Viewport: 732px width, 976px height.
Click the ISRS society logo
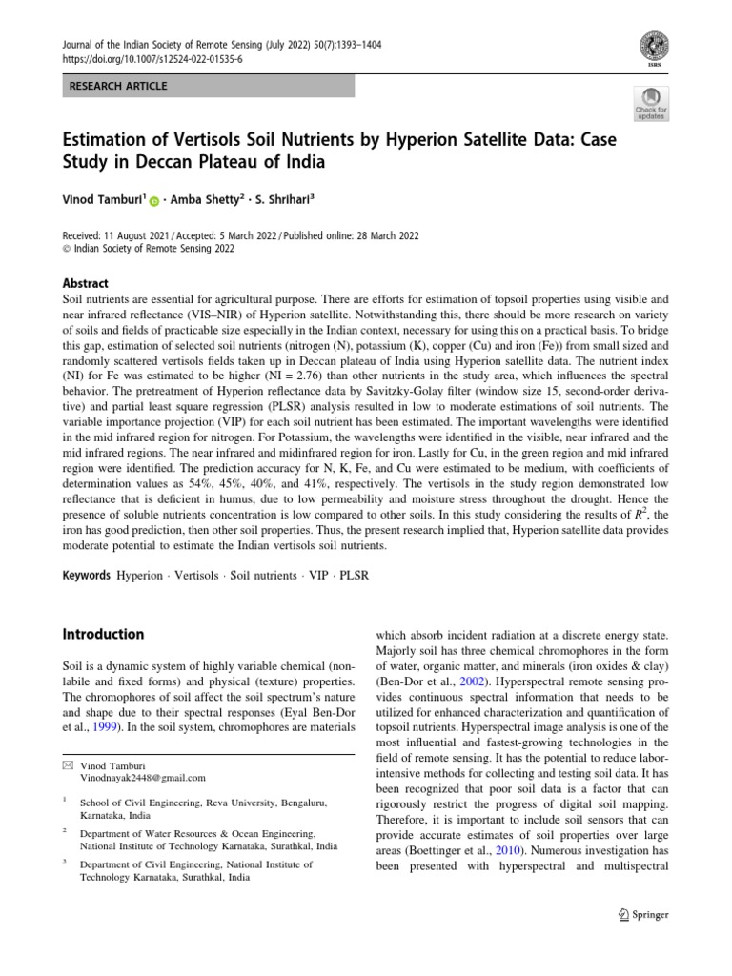coord(653,46)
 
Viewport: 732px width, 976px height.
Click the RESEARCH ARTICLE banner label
coord(118,86)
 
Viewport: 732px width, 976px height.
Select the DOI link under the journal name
coord(152,58)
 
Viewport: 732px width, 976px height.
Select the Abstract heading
coord(85,283)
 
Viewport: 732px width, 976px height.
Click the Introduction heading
coord(103,634)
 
